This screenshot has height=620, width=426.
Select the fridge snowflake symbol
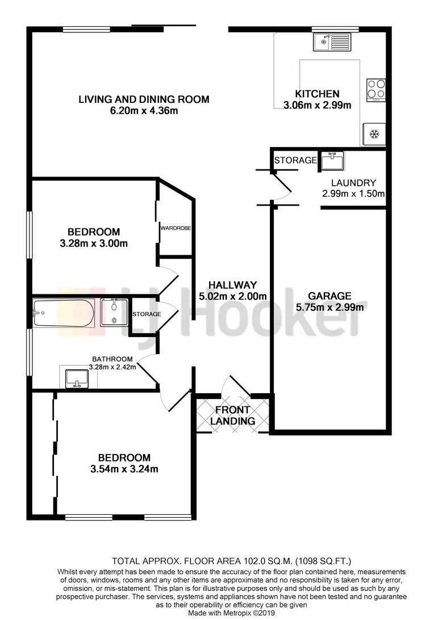(374, 134)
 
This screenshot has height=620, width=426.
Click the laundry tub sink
(332, 161)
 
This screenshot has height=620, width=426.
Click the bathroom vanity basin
(75, 377)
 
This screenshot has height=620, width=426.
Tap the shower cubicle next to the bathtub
(115, 313)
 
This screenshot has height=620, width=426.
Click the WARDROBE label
(175, 228)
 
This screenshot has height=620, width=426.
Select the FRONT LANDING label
(232, 415)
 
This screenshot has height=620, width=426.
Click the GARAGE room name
(329, 296)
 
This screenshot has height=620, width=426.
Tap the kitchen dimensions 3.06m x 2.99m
(317, 105)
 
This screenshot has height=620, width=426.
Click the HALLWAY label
(232, 285)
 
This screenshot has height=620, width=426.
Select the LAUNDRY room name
(353, 183)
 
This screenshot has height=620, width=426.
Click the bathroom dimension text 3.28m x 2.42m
(112, 367)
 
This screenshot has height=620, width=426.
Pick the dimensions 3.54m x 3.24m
(124, 469)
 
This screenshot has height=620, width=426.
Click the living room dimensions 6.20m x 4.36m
(144, 111)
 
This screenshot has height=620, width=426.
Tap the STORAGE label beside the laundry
(295, 160)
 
